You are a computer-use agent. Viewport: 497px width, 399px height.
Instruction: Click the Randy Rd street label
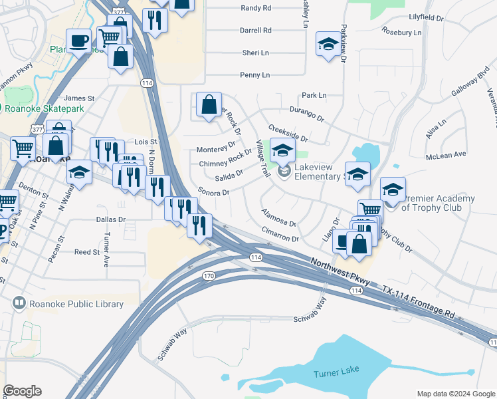pyautogui.click(x=256, y=8)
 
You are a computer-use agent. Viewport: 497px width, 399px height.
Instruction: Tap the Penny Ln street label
pyautogui.click(x=255, y=75)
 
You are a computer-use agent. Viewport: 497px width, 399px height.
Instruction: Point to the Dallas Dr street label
pyautogui.click(x=110, y=219)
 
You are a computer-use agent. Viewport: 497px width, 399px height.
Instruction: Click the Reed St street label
pyautogui.click(x=86, y=252)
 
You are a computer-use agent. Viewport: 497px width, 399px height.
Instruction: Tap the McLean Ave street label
pyautogui.click(x=447, y=155)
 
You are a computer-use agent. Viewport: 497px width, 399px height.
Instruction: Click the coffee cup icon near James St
pyautogui.click(x=78, y=41)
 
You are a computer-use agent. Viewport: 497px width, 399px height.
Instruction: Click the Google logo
pyautogui.click(x=22, y=391)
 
